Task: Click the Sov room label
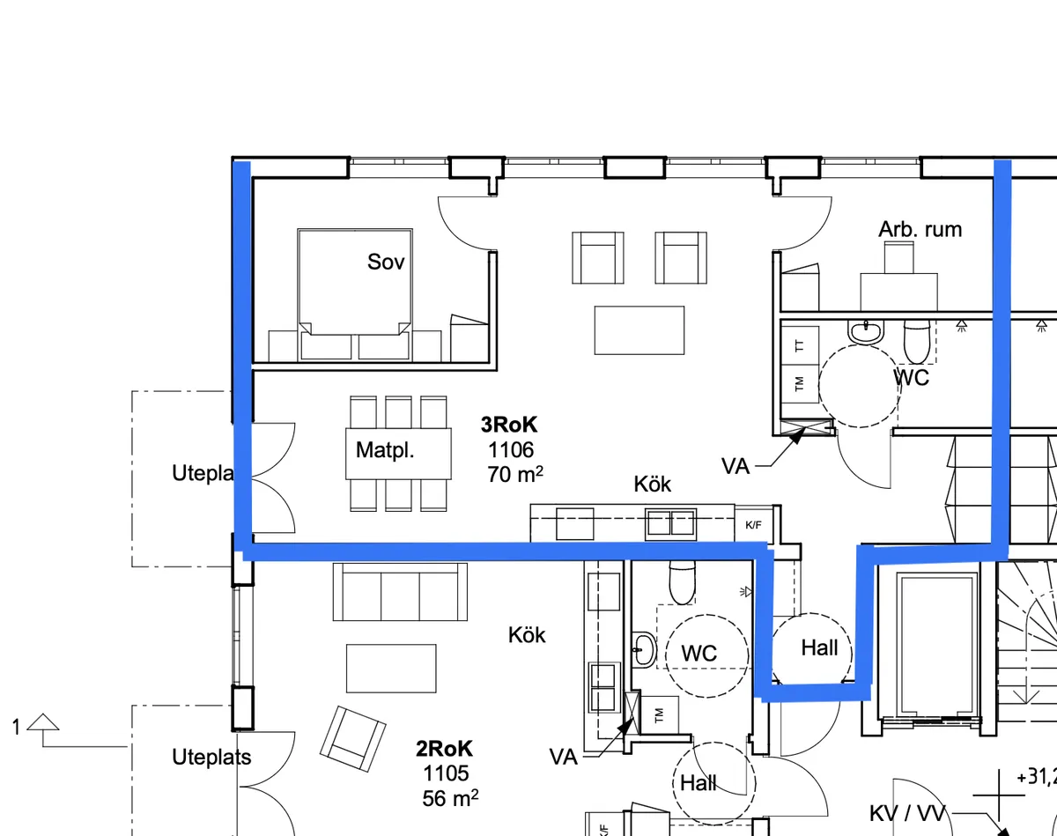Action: [x=386, y=262]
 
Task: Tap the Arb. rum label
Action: [x=920, y=230]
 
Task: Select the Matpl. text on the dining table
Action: [x=385, y=451]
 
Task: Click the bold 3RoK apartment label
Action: [x=508, y=425]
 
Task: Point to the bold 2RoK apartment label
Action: [x=444, y=749]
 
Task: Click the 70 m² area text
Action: [x=514, y=475]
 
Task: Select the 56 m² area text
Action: [x=450, y=798]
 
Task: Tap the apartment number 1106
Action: [x=511, y=450]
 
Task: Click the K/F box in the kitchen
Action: [x=754, y=525]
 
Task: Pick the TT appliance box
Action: [x=800, y=346]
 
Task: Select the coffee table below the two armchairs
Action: [x=639, y=329]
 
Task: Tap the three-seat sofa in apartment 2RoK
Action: [x=400, y=592]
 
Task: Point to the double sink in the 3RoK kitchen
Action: [x=670, y=524]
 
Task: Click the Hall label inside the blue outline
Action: [x=819, y=648]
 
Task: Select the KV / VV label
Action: [x=906, y=813]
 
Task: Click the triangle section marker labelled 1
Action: [x=43, y=723]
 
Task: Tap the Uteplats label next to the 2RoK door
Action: [x=211, y=757]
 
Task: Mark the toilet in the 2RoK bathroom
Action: [x=683, y=580]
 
